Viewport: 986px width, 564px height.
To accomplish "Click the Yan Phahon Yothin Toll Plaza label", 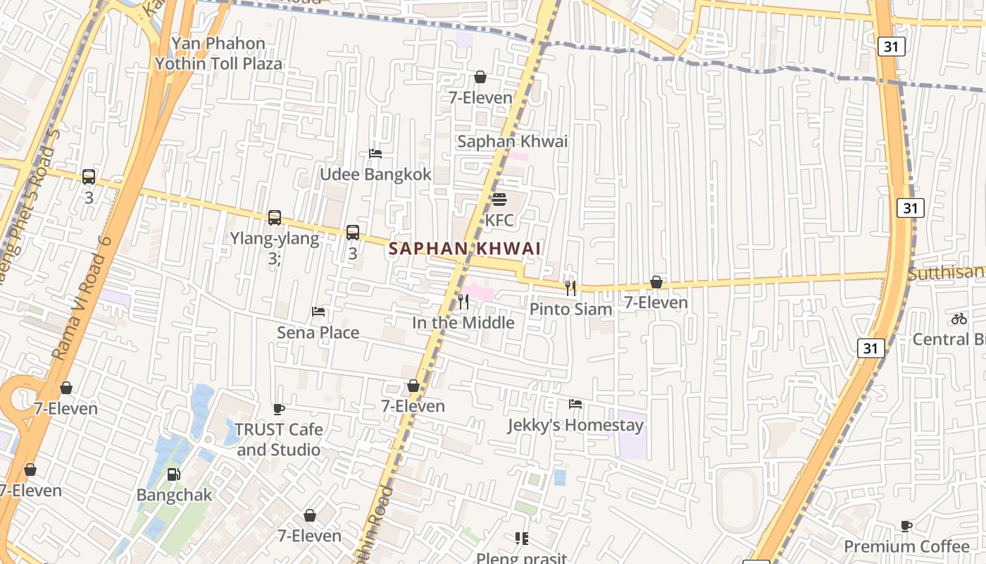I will coord(218,54).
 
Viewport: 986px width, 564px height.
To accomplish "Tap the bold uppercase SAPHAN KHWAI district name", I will coord(465,249).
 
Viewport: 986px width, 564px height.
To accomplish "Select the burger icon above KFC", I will coord(499,200).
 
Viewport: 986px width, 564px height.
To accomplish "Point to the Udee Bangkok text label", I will coord(375,175).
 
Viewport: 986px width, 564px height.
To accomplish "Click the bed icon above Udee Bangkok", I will coord(375,154).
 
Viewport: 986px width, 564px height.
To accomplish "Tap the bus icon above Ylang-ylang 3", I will coord(275,218).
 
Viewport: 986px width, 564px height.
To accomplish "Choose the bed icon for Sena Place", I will coord(318,312).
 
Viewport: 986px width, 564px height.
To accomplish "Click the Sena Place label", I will coord(318,333).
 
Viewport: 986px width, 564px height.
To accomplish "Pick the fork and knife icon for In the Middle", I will coord(463,302).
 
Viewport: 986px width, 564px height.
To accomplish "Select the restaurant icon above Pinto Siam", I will coord(570,288).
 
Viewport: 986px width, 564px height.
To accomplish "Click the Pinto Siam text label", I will coord(570,309).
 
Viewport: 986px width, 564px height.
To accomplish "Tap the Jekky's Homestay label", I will coord(575,425).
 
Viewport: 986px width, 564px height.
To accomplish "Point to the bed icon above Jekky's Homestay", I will coord(575,404).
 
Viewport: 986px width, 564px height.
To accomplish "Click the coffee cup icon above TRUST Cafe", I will coord(279,409).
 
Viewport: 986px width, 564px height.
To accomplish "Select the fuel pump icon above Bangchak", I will coord(174,474).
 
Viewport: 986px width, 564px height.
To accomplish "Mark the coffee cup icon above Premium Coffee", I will coord(906,526).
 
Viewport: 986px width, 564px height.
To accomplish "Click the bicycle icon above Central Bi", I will coord(959,319).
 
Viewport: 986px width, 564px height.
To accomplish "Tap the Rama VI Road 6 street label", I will coord(82,298).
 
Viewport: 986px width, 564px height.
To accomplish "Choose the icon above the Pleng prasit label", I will coord(522,539).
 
